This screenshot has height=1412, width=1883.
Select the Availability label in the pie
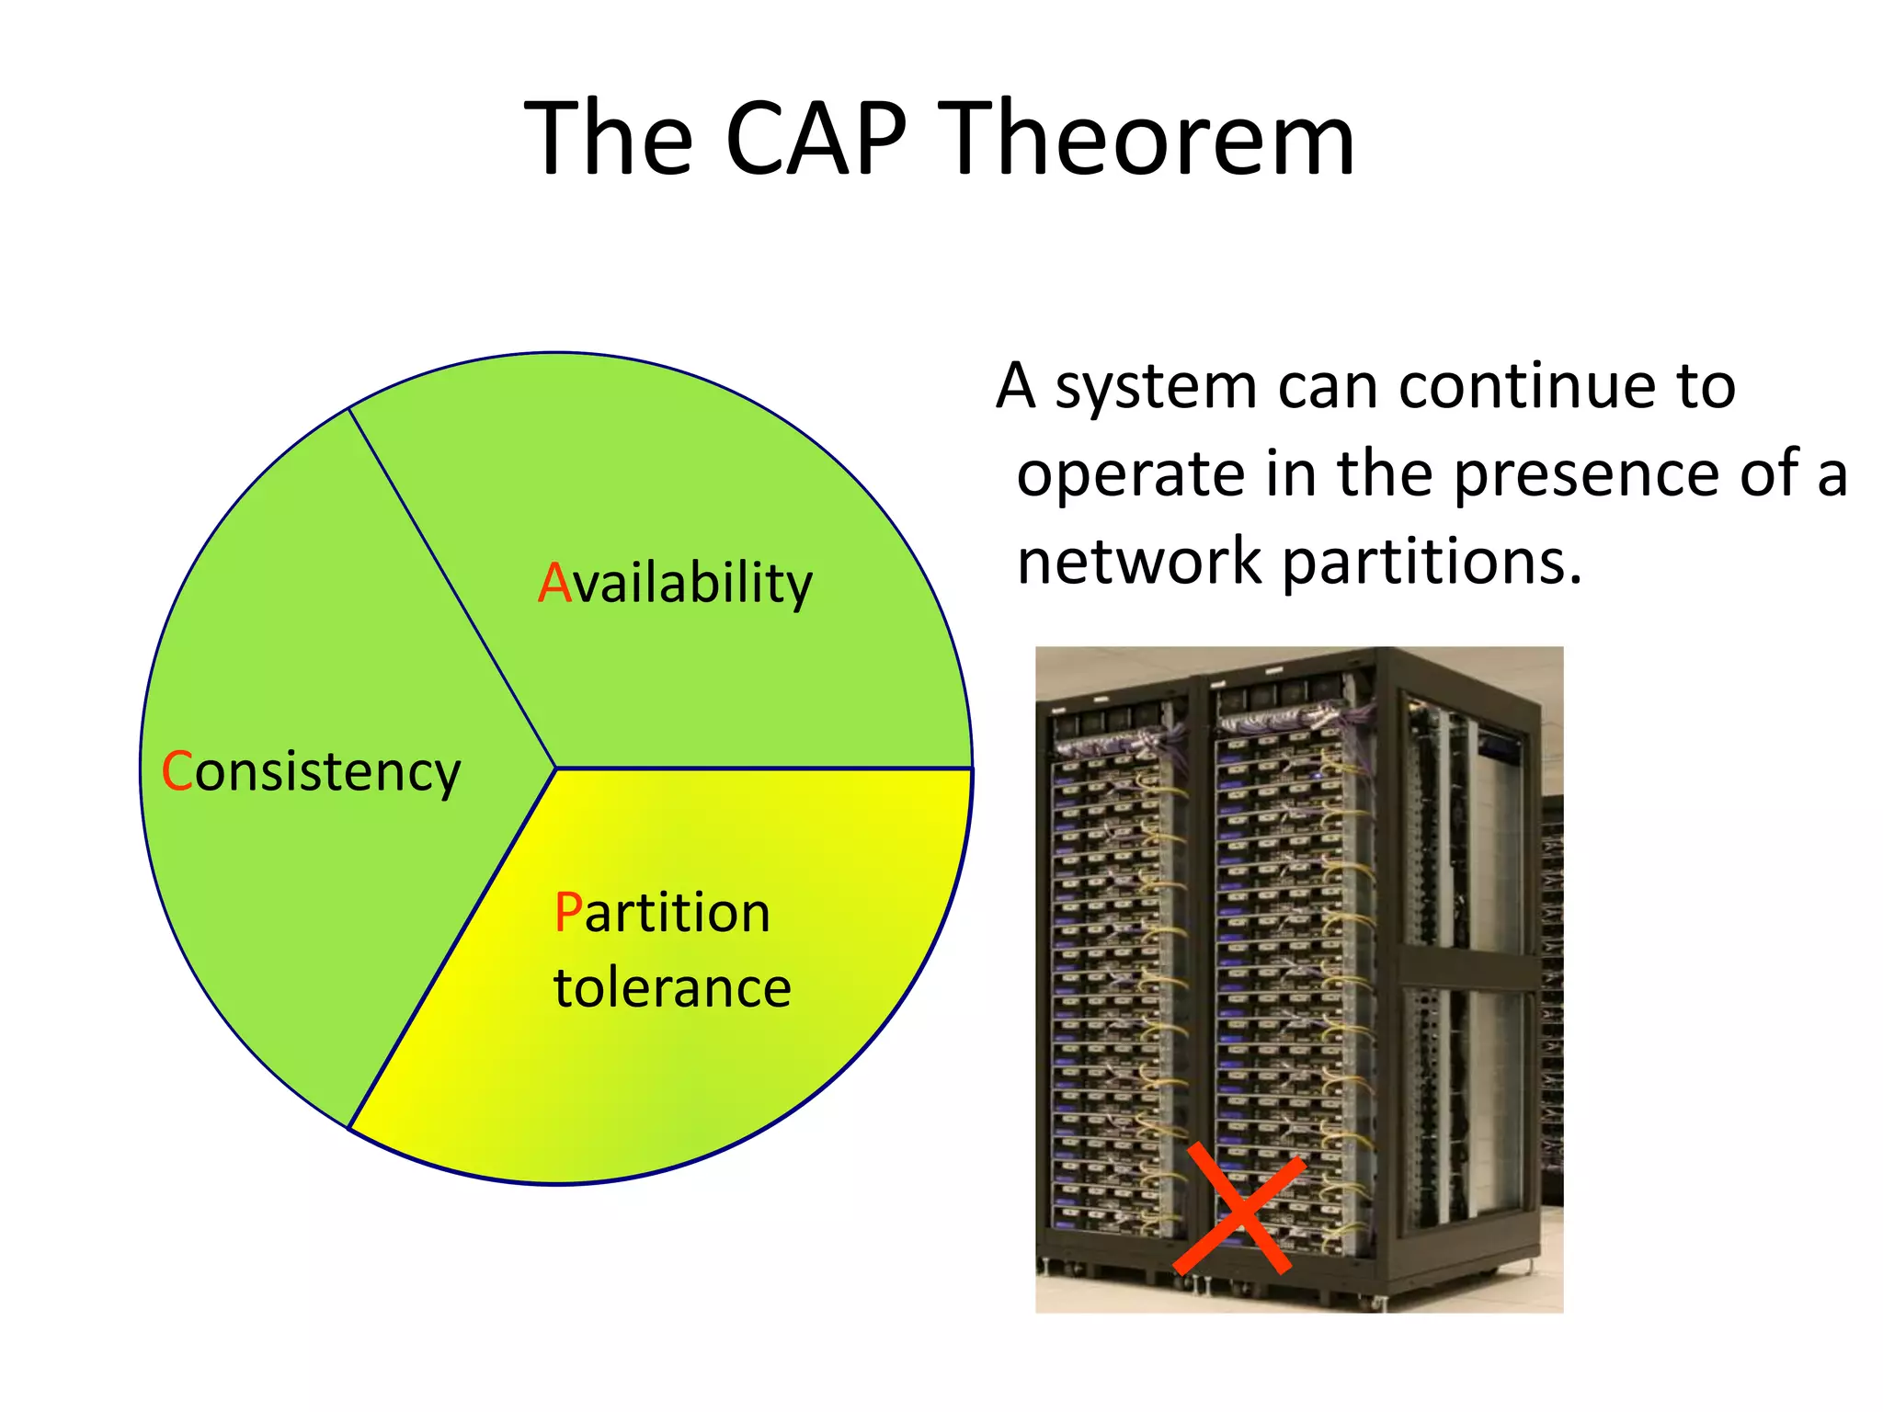coord(676,583)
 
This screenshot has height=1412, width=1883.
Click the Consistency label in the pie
coord(311,771)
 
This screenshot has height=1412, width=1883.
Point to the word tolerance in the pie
coord(672,988)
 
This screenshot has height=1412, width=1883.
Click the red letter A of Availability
coord(554,583)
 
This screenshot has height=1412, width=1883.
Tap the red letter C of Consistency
coord(176,771)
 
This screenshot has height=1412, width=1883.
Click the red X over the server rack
coord(1239,1210)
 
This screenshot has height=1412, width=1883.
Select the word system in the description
coord(1155,386)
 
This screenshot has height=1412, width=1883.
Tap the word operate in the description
coord(1131,476)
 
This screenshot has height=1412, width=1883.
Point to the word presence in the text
coord(1587,474)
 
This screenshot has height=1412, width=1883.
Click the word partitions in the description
coord(1431,563)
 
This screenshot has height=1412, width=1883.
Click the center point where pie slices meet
coord(556,768)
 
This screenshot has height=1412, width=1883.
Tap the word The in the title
coord(608,140)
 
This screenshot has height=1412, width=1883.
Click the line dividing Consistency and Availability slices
coord(452,588)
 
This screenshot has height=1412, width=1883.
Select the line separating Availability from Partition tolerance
coord(763,768)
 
